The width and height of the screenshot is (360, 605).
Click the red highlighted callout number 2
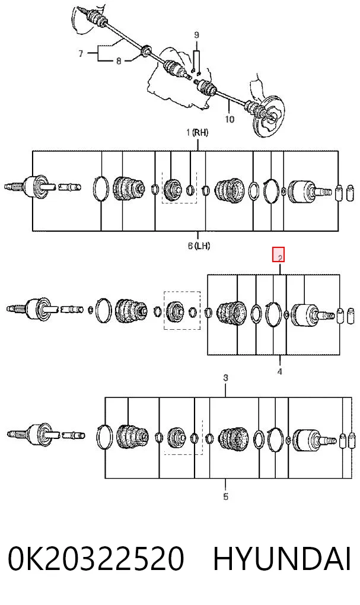279,254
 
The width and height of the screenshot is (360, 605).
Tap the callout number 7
81,53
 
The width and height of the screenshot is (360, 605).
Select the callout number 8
119,60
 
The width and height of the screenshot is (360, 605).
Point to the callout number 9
196,35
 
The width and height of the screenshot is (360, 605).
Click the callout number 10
230,119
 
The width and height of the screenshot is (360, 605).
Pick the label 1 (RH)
197,133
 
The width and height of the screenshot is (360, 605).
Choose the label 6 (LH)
199,246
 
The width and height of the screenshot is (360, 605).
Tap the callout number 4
279,371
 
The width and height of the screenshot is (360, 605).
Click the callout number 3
226,378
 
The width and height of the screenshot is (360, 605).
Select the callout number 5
226,496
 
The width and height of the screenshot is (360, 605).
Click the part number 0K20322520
95,559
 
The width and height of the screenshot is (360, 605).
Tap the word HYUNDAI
282,559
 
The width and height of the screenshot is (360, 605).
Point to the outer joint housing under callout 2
305,315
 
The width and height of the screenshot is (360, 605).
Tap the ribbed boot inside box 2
231,312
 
